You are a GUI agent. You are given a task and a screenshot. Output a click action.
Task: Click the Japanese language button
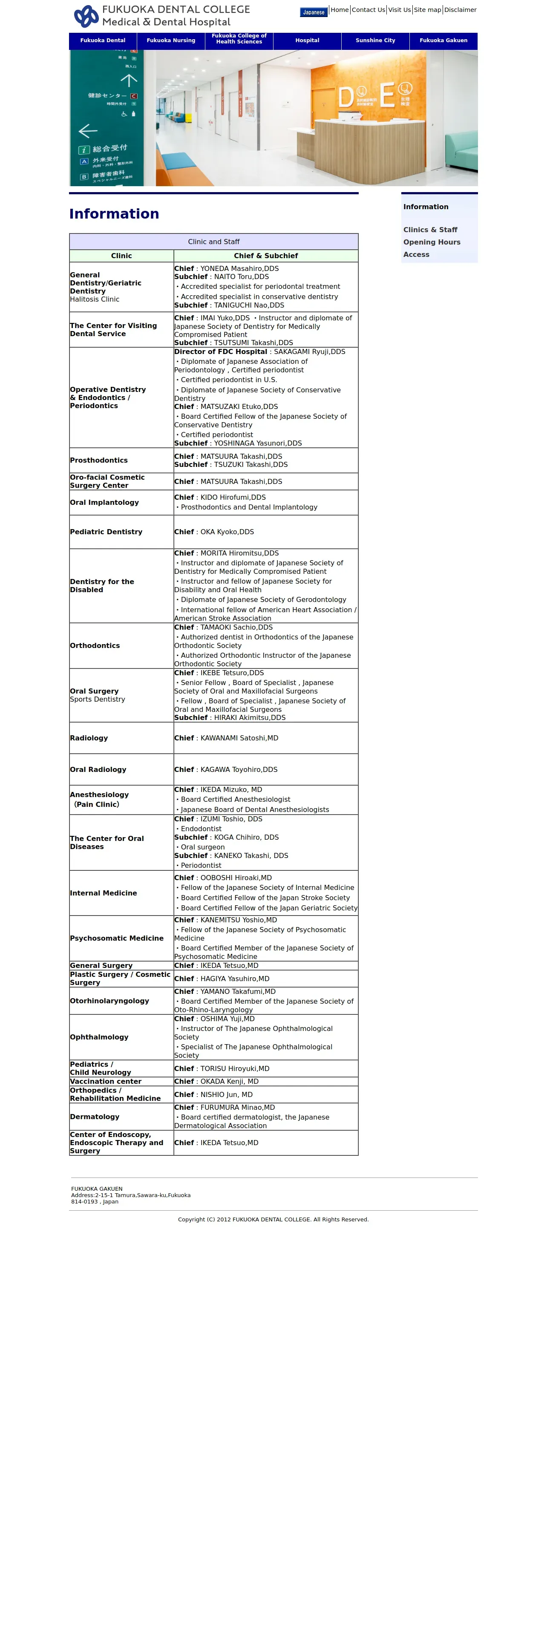point(313,12)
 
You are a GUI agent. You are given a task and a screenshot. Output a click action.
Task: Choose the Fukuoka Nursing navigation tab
point(171,41)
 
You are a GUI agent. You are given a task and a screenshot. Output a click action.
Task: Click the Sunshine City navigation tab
point(375,41)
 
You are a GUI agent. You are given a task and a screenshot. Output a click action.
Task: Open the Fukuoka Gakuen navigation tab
point(443,41)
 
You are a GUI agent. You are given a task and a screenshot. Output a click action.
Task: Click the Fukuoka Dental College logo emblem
point(86,16)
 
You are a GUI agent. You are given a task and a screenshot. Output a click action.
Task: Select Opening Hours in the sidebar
point(431,242)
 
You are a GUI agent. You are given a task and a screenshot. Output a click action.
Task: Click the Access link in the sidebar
point(416,255)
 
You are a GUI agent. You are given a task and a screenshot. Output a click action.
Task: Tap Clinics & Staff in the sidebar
point(430,230)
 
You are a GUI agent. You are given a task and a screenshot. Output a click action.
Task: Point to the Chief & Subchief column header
point(265,256)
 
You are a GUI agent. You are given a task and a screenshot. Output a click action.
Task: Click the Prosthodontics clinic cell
point(99,461)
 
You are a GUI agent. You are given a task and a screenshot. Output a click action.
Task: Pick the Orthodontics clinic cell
point(95,646)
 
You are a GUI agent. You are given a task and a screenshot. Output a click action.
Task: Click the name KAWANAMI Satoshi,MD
point(239,738)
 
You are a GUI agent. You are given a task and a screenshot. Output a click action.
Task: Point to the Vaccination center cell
point(106,1081)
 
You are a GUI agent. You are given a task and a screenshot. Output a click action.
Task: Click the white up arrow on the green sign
point(129,80)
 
